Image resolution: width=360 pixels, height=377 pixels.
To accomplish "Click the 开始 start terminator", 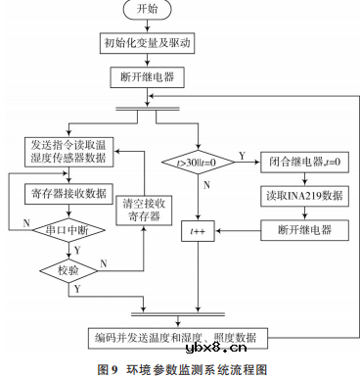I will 148,10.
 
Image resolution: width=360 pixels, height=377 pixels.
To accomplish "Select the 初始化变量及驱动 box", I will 148,43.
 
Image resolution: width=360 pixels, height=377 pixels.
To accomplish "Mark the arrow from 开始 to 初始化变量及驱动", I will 148,25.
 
